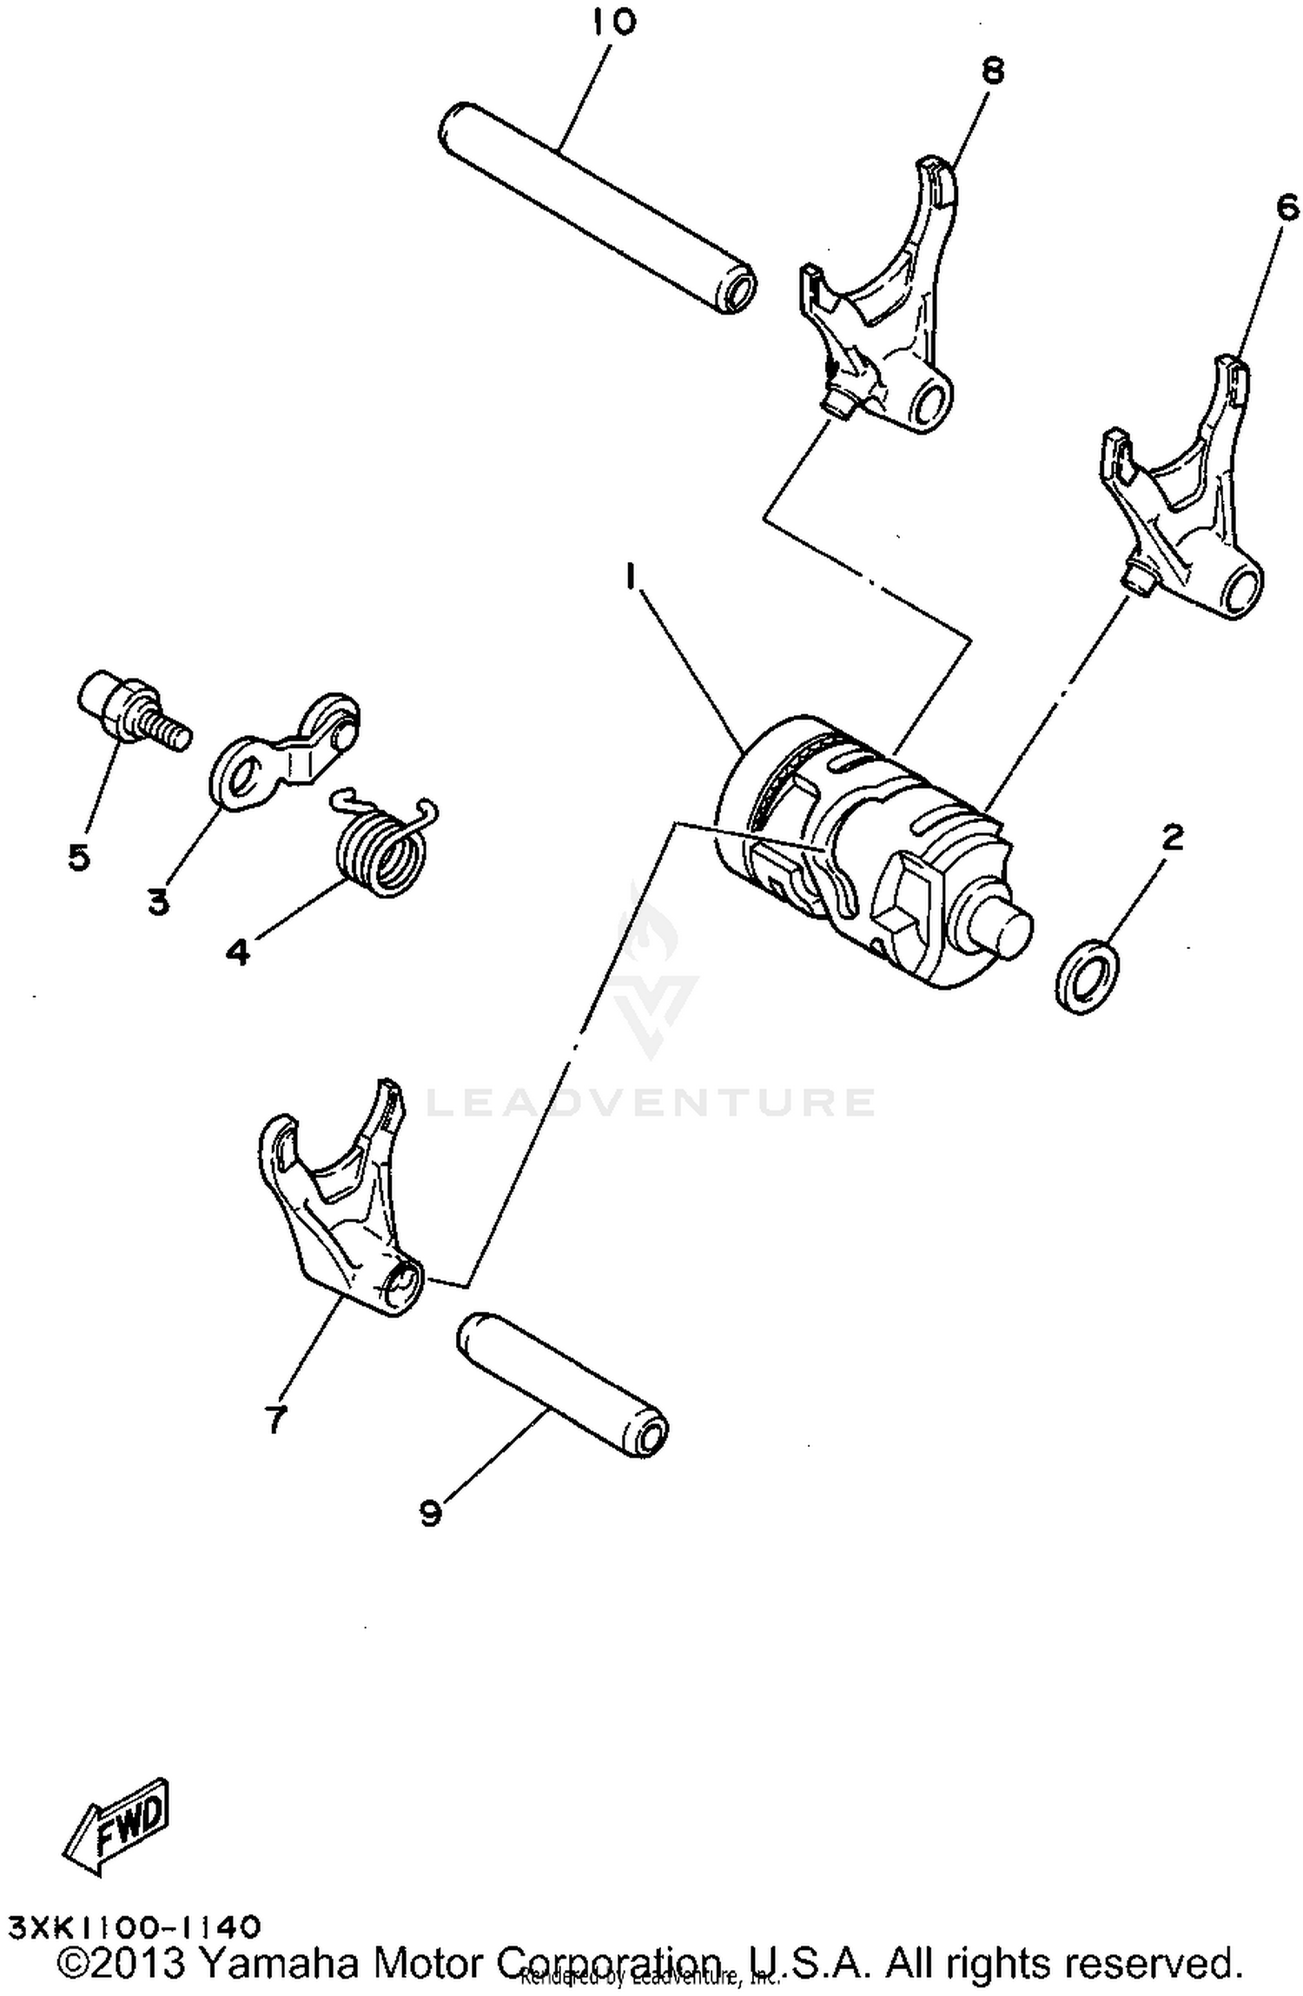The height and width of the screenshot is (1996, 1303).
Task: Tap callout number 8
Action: [992, 71]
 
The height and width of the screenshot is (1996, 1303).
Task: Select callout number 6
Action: [1287, 208]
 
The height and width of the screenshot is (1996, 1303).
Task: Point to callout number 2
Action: [1172, 838]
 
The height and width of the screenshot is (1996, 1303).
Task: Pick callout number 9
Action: [431, 1514]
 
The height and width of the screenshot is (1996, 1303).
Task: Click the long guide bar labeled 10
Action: [597, 208]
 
